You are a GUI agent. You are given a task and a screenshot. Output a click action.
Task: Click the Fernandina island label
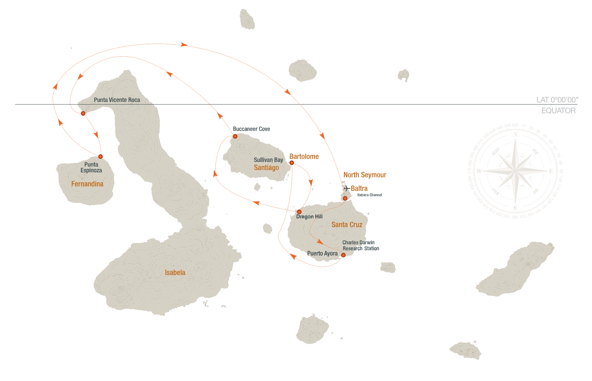point(87,184)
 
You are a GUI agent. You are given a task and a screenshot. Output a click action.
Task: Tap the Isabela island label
point(175,273)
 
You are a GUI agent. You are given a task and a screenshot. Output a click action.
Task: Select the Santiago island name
point(266,167)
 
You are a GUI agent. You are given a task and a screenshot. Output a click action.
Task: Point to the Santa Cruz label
point(347,225)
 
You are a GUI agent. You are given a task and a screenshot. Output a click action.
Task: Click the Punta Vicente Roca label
point(117,100)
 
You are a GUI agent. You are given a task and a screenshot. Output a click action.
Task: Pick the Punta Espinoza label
point(93,168)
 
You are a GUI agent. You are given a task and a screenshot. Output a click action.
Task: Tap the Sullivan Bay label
point(268,160)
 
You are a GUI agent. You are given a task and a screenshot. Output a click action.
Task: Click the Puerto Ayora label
point(322,253)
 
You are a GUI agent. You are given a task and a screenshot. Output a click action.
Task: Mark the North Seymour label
point(365,174)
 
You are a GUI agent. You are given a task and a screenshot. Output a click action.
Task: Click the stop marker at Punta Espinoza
point(100,156)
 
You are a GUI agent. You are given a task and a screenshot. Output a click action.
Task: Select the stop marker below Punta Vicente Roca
point(83,113)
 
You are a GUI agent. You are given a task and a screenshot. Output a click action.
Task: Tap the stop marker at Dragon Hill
point(299,212)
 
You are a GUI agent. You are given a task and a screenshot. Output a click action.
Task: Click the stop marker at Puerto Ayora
point(343,255)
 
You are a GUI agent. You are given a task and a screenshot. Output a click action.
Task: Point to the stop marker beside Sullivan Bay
point(292,163)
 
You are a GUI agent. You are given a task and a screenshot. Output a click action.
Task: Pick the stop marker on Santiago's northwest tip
point(235,136)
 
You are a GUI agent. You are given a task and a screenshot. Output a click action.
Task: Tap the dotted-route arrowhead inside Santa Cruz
point(321,241)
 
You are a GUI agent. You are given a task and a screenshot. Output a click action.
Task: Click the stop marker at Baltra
point(345,198)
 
